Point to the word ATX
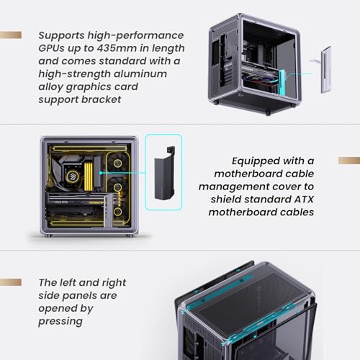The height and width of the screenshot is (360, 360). pyautogui.click(x=304, y=199)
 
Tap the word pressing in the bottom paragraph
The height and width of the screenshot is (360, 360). pyautogui.click(x=60, y=322)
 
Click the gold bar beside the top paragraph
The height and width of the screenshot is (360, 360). pyautogui.click(x=11, y=35)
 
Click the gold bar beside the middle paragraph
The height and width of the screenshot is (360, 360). pyautogui.click(x=349, y=161)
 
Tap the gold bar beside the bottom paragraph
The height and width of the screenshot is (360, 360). pyautogui.click(x=11, y=282)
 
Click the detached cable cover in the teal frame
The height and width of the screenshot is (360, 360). pyautogui.click(x=164, y=173)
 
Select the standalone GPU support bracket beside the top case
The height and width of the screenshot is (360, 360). pyautogui.click(x=326, y=70)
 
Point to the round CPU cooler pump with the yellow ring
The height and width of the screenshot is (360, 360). pyautogui.click(x=71, y=176)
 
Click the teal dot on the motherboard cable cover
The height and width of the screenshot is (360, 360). pyautogui.click(x=101, y=173)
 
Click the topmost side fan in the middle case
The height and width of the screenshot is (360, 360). pyautogui.click(x=117, y=163)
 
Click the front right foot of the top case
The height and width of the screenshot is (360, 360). pyautogui.click(x=268, y=113)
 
